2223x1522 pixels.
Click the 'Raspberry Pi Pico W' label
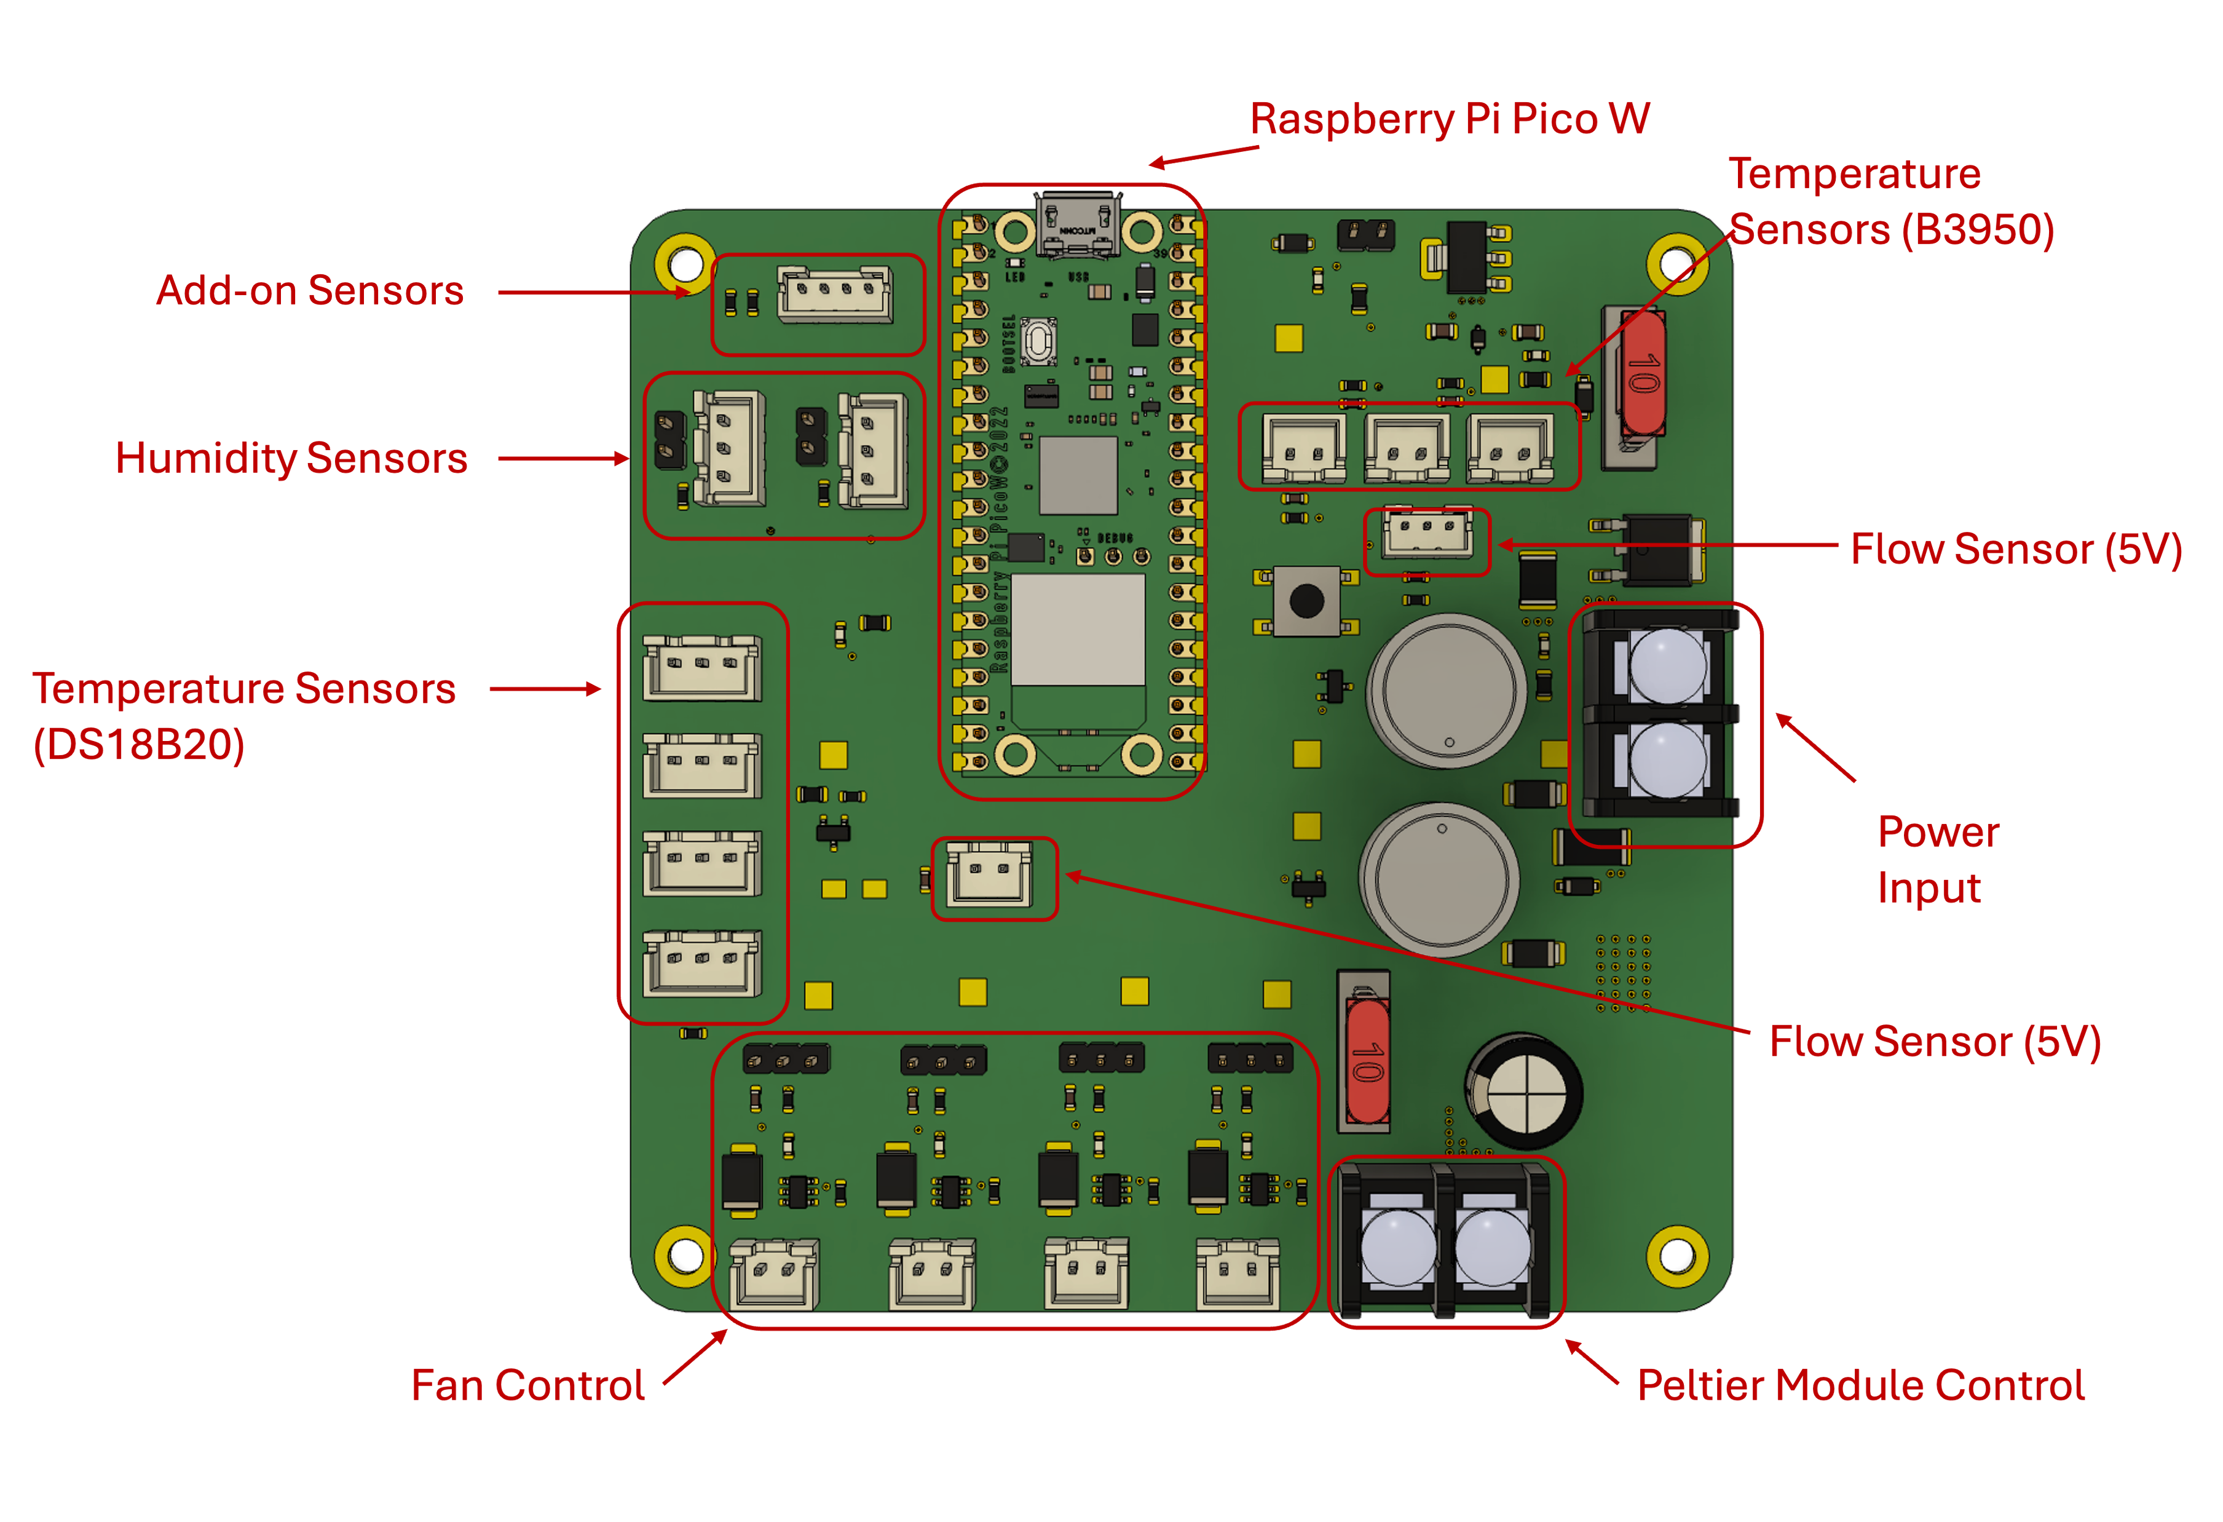point(1449,119)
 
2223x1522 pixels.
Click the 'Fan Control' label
point(528,1384)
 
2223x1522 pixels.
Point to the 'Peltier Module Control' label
point(1860,1384)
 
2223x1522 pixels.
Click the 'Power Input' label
point(1938,859)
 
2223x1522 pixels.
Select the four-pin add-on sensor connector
point(835,295)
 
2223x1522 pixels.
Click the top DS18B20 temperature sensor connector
point(702,668)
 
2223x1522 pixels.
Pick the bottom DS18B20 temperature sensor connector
point(702,964)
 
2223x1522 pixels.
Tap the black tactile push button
point(1306,601)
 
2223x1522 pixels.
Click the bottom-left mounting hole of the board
point(685,1254)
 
